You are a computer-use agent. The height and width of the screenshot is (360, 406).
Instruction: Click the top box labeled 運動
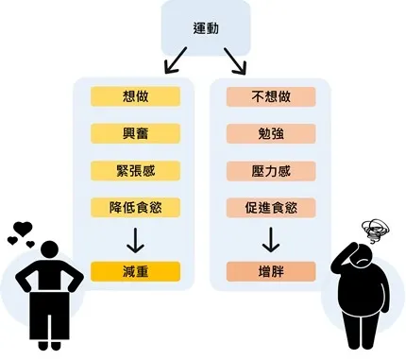click(x=205, y=28)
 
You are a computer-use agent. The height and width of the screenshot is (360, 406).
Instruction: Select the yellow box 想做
click(x=135, y=96)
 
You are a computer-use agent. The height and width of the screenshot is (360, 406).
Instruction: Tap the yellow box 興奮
click(x=135, y=133)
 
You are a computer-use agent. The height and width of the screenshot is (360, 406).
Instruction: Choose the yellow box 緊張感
click(x=135, y=170)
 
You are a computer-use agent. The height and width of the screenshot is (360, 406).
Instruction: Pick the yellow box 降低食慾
click(x=135, y=207)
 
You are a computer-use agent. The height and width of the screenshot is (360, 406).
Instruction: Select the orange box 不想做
click(x=270, y=96)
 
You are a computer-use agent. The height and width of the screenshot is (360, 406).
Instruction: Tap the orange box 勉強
click(x=270, y=133)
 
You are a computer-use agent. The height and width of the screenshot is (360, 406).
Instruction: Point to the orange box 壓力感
click(x=270, y=170)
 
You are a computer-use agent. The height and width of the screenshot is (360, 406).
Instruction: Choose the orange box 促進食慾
click(x=270, y=207)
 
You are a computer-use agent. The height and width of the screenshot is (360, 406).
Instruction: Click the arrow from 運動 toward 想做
click(x=176, y=62)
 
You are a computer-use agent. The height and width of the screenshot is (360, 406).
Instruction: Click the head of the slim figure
click(x=47, y=250)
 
